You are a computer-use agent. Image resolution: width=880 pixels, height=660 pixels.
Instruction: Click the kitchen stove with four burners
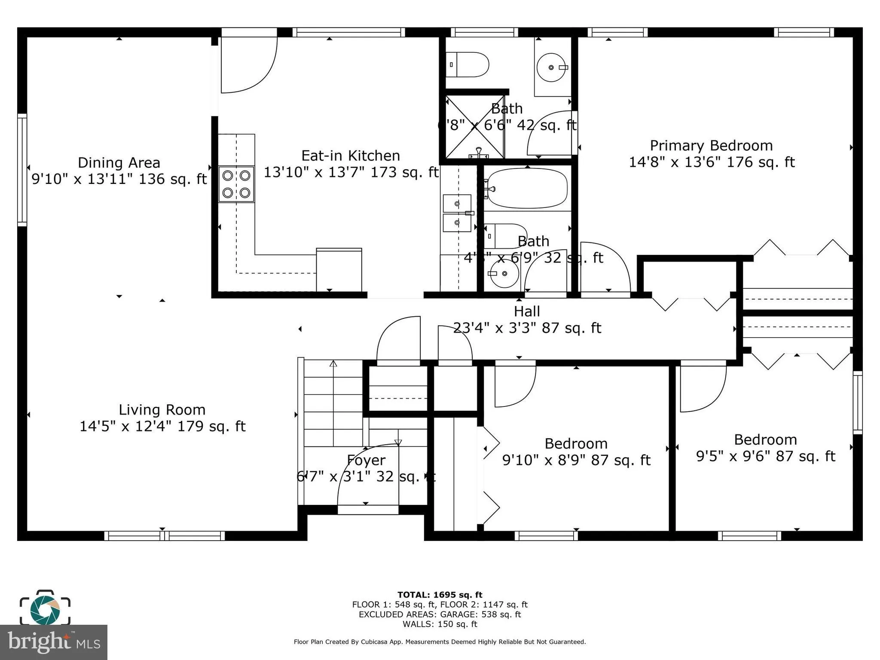point(236,184)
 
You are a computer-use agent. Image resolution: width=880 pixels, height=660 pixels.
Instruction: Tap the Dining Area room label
point(119,163)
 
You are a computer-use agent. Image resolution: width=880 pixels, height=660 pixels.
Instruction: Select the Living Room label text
point(162,410)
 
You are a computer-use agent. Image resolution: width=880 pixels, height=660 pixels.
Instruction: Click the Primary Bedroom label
point(711,146)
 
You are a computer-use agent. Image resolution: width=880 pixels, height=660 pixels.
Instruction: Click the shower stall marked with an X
point(475,127)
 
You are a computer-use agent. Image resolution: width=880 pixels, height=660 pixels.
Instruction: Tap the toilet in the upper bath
point(468,65)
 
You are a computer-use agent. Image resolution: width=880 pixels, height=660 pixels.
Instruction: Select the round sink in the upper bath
point(552,67)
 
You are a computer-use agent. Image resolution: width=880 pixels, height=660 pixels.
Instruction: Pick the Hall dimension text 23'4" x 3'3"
point(527,328)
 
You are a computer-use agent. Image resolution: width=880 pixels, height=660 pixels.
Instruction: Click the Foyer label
point(366,460)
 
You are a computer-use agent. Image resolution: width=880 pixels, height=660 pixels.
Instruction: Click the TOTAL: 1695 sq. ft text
point(440,595)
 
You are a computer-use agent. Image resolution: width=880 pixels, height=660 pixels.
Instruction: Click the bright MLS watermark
point(53,642)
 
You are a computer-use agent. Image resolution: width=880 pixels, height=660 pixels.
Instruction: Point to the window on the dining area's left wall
point(21,170)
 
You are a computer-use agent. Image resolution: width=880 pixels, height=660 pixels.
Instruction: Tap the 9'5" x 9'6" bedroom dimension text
point(765,456)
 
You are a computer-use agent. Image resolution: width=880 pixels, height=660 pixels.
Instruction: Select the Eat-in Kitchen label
point(350,156)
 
